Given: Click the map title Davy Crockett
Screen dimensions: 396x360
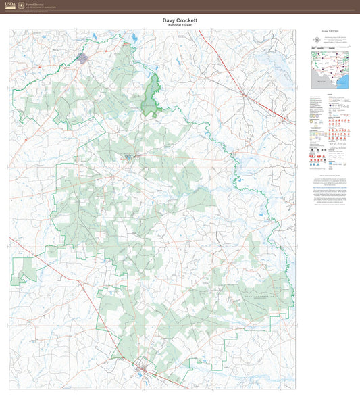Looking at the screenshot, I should coord(180,20).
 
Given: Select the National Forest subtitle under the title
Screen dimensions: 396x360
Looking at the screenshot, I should coord(180,26).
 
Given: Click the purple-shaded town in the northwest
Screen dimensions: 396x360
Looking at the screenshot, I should coord(83,59).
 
